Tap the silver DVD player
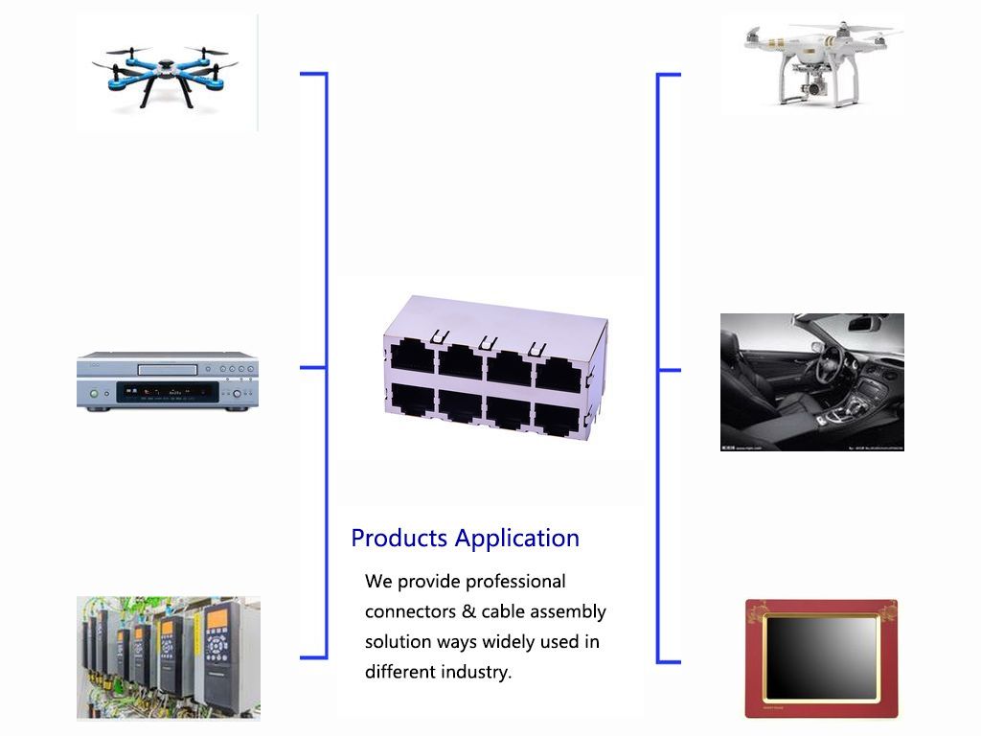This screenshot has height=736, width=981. tap(168, 381)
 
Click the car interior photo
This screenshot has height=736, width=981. tap(811, 381)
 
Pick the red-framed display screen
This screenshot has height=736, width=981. tap(821, 657)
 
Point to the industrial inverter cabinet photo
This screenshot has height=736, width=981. tap(168, 657)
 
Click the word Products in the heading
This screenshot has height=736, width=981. tap(399, 539)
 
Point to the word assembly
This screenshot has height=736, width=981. tap(568, 612)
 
